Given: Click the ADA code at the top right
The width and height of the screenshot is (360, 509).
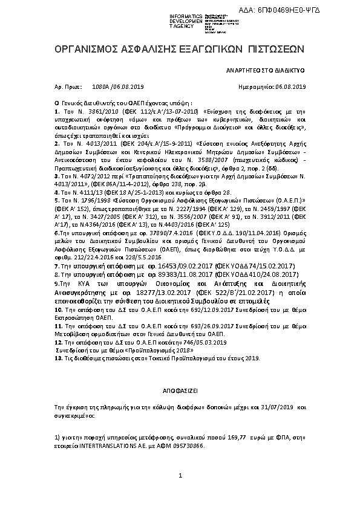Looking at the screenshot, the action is (316, 7).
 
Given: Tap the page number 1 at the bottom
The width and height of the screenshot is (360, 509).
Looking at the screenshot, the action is (180, 478).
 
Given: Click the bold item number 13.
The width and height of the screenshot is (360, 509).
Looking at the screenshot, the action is (58, 358).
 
